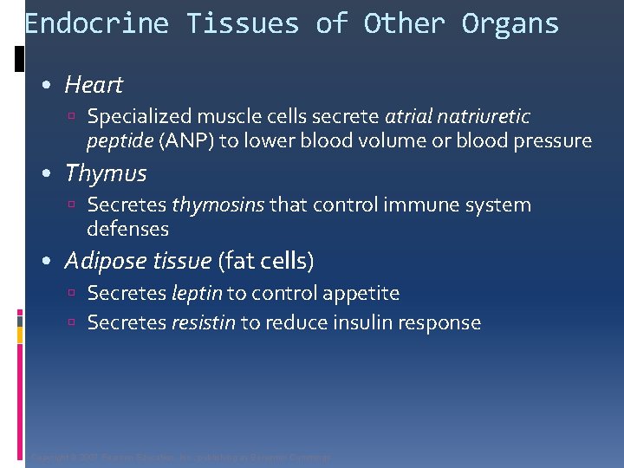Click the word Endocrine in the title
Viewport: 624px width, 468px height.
[x=96, y=23]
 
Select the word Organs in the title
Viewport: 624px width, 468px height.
[x=510, y=23]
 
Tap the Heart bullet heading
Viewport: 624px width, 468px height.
[x=94, y=85]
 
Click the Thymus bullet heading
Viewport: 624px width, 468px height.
[x=106, y=173]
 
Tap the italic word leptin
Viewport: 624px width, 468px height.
[x=197, y=294]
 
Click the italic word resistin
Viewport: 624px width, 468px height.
[x=204, y=323]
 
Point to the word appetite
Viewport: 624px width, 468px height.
[x=361, y=294]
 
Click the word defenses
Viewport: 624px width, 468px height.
[x=127, y=229]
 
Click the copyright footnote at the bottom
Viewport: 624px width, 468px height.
[x=180, y=457]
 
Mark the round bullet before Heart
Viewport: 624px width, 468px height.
[x=49, y=86]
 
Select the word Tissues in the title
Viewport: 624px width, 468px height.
[x=244, y=23]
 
